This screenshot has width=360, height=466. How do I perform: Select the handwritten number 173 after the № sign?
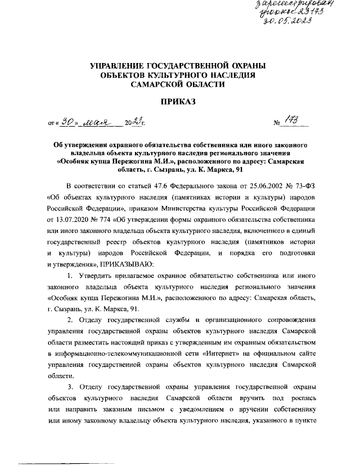(x=292, y=120)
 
